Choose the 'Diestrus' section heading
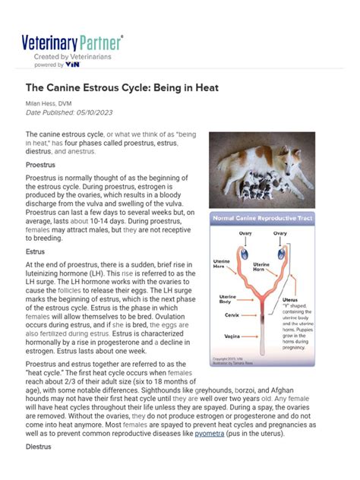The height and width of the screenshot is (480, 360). pyautogui.click(x=43, y=469)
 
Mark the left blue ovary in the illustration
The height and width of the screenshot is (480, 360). pyautogui.click(x=245, y=250)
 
